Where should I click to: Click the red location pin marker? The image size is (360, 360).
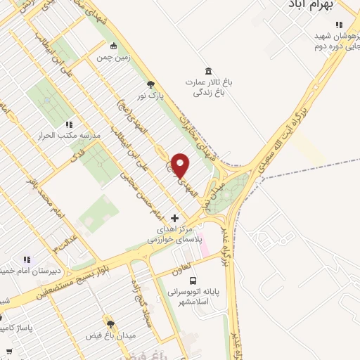(x=181, y=165)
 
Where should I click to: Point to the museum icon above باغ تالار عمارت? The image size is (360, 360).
(x=208, y=71)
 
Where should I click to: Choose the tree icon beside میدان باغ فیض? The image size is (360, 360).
(x=110, y=323)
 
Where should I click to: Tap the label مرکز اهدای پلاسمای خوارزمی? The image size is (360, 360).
(x=174, y=235)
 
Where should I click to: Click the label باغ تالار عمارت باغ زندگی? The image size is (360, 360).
(x=209, y=86)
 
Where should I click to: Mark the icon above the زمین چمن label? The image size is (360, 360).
(x=103, y=46)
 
